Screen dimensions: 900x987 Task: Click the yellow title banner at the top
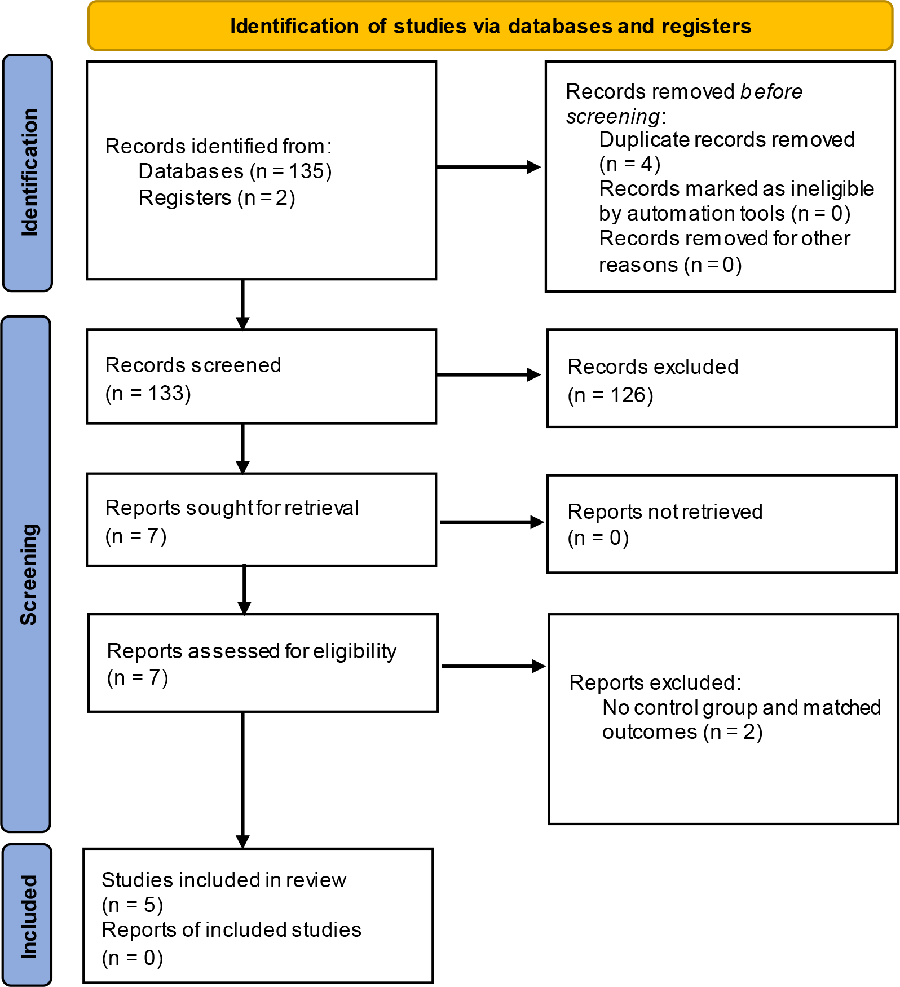[x=491, y=26]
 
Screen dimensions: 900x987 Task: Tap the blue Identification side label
[x=28, y=173]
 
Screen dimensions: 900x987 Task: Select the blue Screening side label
[x=27, y=574]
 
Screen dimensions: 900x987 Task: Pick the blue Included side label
[x=27, y=914]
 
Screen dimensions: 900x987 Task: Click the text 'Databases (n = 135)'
[x=235, y=171]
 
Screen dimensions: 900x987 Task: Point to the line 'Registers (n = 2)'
[x=217, y=198]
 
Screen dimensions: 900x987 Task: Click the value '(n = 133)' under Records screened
[x=148, y=393]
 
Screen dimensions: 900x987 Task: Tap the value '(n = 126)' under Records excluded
[x=611, y=395]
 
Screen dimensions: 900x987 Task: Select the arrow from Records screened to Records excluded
[x=489, y=374]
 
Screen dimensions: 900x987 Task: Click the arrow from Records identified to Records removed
[x=489, y=167]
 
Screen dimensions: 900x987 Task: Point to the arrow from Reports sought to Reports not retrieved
[x=492, y=522]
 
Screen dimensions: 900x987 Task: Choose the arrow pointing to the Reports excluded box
[x=494, y=666]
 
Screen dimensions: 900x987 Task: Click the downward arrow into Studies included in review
[x=242, y=780]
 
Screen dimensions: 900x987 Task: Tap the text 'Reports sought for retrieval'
[x=232, y=508]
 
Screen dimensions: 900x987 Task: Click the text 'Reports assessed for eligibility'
[x=252, y=651]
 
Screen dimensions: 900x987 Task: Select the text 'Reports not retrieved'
[x=665, y=512]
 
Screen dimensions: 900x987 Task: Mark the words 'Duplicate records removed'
[x=727, y=140]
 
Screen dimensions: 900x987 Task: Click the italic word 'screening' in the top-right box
[x=613, y=117]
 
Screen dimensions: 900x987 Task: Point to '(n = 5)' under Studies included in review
[x=133, y=905]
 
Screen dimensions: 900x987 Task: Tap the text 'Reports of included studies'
[x=231, y=929]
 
